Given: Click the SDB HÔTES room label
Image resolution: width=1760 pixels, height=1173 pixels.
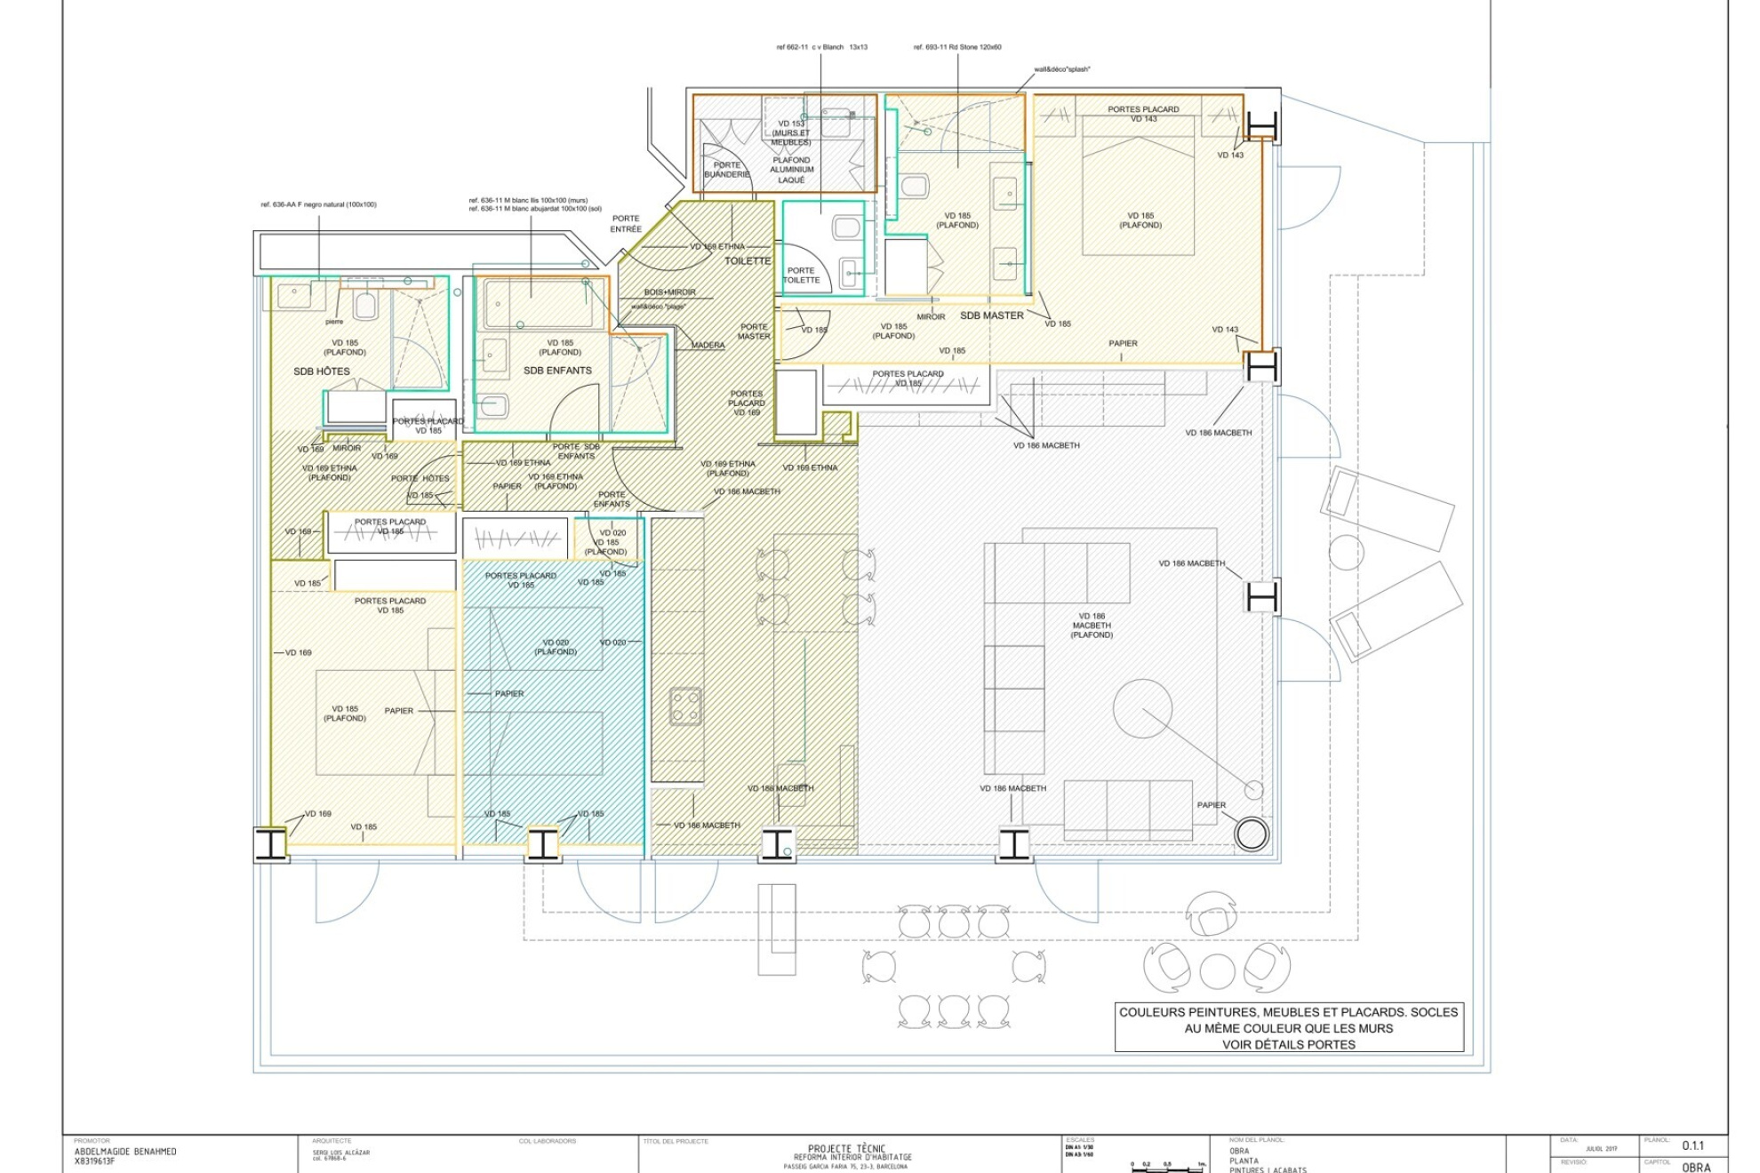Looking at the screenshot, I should pyautogui.click(x=321, y=371).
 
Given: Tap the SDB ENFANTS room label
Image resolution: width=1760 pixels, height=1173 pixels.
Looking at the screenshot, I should pyautogui.click(x=556, y=371).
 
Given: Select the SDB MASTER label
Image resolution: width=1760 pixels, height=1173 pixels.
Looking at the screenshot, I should pyautogui.click(x=991, y=315).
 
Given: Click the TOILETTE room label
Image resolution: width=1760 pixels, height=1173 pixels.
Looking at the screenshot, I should pyautogui.click(x=748, y=261).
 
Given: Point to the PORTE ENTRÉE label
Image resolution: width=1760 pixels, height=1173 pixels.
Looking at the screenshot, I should pyautogui.click(x=625, y=224).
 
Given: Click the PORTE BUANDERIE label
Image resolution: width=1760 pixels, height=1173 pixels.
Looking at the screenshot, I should pyautogui.click(x=727, y=170).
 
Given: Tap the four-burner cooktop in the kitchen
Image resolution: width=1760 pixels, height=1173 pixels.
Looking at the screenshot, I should pyautogui.click(x=685, y=706).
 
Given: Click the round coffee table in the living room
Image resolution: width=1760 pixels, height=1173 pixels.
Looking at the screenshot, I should pyautogui.click(x=1141, y=708).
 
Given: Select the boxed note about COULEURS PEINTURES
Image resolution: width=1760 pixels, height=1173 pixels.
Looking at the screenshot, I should pyautogui.click(x=1288, y=1028).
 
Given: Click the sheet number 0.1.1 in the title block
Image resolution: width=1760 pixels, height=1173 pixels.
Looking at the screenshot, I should pyautogui.click(x=1692, y=1146).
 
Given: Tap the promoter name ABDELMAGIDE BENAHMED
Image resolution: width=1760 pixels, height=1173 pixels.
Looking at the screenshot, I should pyautogui.click(x=125, y=1152).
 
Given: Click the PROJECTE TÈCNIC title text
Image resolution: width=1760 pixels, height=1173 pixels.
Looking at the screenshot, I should pyautogui.click(x=846, y=1149).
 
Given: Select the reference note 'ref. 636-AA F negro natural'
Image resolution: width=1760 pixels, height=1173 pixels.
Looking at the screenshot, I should pyautogui.click(x=318, y=204).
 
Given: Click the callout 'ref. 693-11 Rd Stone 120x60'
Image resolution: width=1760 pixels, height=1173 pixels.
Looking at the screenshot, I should pyautogui.click(x=956, y=47).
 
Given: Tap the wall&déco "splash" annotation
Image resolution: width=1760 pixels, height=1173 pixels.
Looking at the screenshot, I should pyautogui.click(x=1061, y=69).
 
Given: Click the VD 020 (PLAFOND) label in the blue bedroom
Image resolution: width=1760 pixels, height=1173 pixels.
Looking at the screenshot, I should pyautogui.click(x=556, y=647).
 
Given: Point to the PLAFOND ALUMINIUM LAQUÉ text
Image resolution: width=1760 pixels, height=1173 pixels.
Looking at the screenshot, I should pyautogui.click(x=791, y=170).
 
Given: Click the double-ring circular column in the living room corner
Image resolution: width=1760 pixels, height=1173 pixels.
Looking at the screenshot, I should pyautogui.click(x=1251, y=834).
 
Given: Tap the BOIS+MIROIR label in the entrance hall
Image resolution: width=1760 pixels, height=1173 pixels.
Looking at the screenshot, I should pyautogui.click(x=669, y=292).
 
